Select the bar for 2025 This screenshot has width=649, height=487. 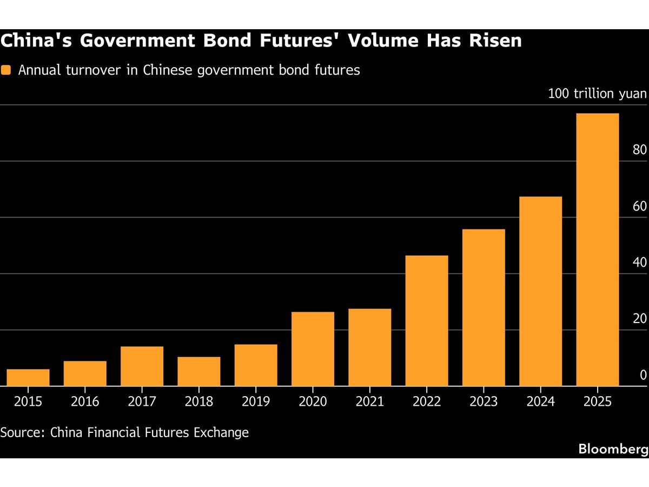point(597,249)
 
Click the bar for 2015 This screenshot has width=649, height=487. point(28,377)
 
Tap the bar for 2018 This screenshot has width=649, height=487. point(199,371)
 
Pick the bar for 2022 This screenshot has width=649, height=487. point(427,320)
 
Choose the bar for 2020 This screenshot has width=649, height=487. point(313,348)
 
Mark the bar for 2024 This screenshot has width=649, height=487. point(540,291)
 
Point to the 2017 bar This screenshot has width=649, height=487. point(142,366)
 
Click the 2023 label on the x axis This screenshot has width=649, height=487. point(484,402)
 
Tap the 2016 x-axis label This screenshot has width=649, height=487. point(85,402)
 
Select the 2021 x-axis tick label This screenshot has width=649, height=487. point(369,402)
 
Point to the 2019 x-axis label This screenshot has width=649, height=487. point(256,402)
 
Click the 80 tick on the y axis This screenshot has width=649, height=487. point(639,150)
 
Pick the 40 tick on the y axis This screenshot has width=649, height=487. point(639,262)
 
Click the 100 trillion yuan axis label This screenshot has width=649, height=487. point(597,94)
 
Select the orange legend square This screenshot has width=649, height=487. point(6,70)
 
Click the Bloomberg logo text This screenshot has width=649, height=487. point(613,449)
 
